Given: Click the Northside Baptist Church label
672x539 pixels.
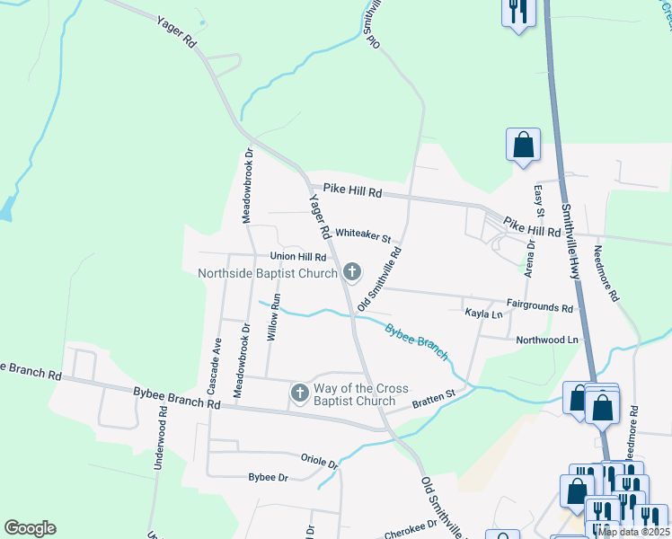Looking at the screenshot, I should click(268, 272).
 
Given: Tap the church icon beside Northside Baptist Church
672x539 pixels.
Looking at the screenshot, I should click(352, 271).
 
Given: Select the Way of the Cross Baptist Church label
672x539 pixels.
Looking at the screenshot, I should click(361, 394).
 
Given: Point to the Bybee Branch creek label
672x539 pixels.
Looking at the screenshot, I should click(416, 341).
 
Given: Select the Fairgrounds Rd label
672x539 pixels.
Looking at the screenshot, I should click(539, 307).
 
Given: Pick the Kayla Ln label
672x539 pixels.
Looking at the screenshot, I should click(483, 314).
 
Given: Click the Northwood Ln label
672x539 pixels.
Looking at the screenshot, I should click(547, 340).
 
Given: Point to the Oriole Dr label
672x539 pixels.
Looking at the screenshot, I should click(319, 460).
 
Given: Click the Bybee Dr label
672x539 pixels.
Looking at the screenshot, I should click(268, 477).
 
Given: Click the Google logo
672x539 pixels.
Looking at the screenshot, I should click(30, 528).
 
